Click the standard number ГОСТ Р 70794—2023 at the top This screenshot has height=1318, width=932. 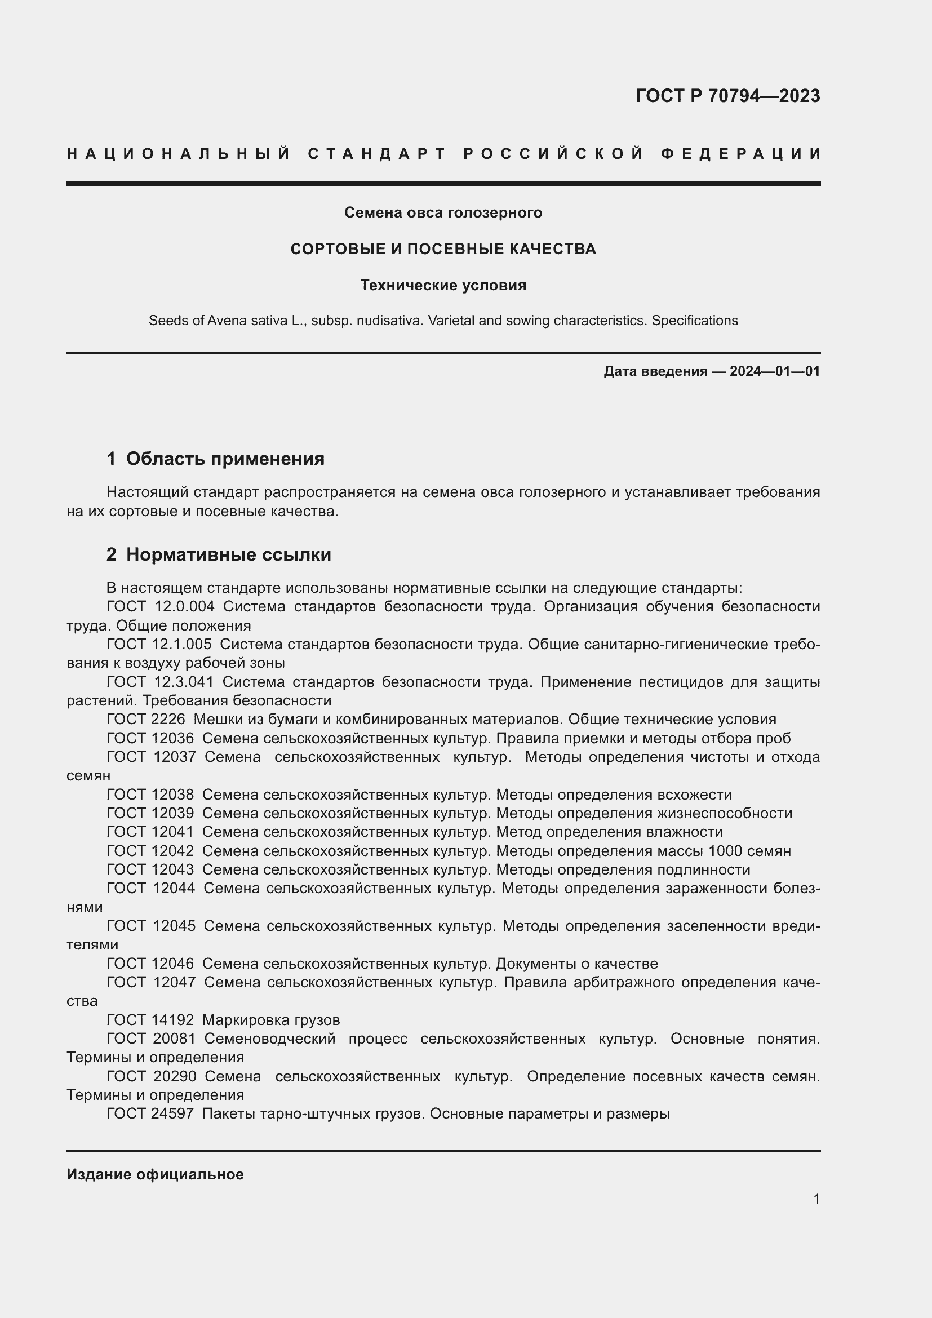pyautogui.click(x=727, y=96)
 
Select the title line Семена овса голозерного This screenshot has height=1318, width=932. pyautogui.click(x=443, y=213)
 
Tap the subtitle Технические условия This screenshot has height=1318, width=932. pyautogui.click(x=443, y=285)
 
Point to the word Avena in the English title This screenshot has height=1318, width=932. pyautogui.click(x=225, y=321)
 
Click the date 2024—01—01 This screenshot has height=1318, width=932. pyautogui.click(x=774, y=371)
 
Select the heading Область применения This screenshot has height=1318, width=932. pyautogui.click(x=225, y=459)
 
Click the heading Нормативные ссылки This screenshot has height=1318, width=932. pyautogui.click(x=228, y=554)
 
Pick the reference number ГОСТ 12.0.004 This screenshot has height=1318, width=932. pyautogui.click(x=160, y=607)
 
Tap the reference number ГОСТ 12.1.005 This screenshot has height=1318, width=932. pyautogui.click(x=159, y=644)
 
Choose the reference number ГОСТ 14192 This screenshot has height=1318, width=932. pyautogui.click(x=150, y=1020)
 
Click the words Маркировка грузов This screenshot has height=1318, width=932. pyautogui.click(x=271, y=1020)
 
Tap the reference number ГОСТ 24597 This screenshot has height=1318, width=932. pyautogui.click(x=150, y=1114)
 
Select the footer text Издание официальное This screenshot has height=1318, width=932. pyautogui.click(x=155, y=1174)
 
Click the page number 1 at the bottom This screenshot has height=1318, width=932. pyautogui.click(x=816, y=1199)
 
